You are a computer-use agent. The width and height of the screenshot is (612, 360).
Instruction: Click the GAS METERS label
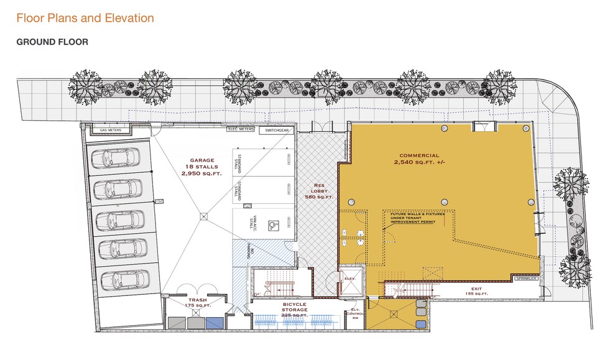pos(114,130)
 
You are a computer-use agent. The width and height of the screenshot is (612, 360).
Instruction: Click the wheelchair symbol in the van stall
pos(272,225)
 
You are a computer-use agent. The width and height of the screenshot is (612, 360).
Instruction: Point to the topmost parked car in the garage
pos(117,159)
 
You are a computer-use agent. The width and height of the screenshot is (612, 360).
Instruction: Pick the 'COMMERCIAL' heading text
pos(419,155)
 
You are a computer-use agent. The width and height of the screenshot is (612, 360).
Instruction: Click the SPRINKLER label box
pos(526,279)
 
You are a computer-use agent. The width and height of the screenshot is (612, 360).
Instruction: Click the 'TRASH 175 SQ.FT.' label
pos(198,303)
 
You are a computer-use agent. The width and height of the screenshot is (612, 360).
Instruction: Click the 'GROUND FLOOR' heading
pos(52,42)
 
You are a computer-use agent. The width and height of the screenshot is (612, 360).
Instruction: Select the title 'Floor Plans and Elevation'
pos(85,18)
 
